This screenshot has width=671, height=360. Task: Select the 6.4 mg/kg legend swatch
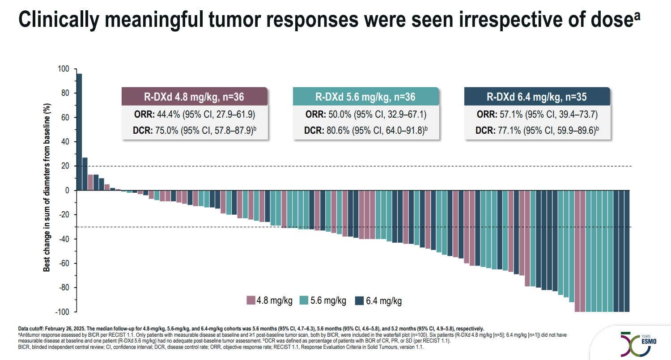359,301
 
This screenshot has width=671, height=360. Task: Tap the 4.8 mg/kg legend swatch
251,301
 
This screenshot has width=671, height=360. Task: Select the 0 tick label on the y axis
68,191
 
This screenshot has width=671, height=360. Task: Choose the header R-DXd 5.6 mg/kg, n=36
365,97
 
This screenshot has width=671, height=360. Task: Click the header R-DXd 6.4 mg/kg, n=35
537,97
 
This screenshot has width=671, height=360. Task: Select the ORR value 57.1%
509,114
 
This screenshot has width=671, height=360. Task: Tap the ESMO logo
637,343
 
